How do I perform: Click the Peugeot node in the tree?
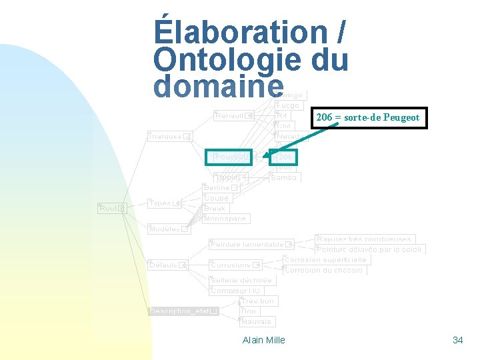(228, 157)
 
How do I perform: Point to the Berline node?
(219, 188)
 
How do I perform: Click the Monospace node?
(225, 219)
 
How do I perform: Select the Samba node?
(284, 177)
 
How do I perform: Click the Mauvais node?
(257, 321)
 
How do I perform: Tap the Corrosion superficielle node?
(325, 259)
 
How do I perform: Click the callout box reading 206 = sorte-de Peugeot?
(368, 117)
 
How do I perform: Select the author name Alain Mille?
(264, 340)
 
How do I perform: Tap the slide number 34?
(457, 340)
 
